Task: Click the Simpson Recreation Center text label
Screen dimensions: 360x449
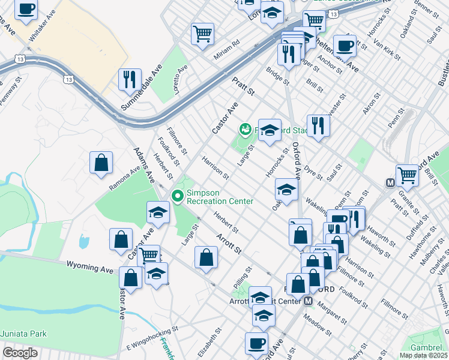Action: pos(220,197)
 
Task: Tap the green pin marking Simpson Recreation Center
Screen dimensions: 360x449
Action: pos(177,195)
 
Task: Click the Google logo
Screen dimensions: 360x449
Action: pos(20,352)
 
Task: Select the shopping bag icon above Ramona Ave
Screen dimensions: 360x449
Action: pos(101,161)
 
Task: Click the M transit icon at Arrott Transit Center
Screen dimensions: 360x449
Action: pos(308,301)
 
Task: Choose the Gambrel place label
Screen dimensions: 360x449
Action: pos(426,347)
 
